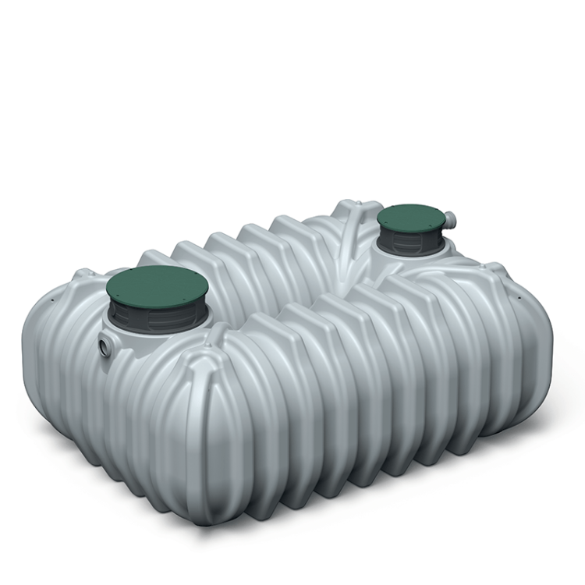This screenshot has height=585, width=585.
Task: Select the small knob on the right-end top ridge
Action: pos(494,269)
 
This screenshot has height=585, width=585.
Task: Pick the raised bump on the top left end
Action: pos(84,275)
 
